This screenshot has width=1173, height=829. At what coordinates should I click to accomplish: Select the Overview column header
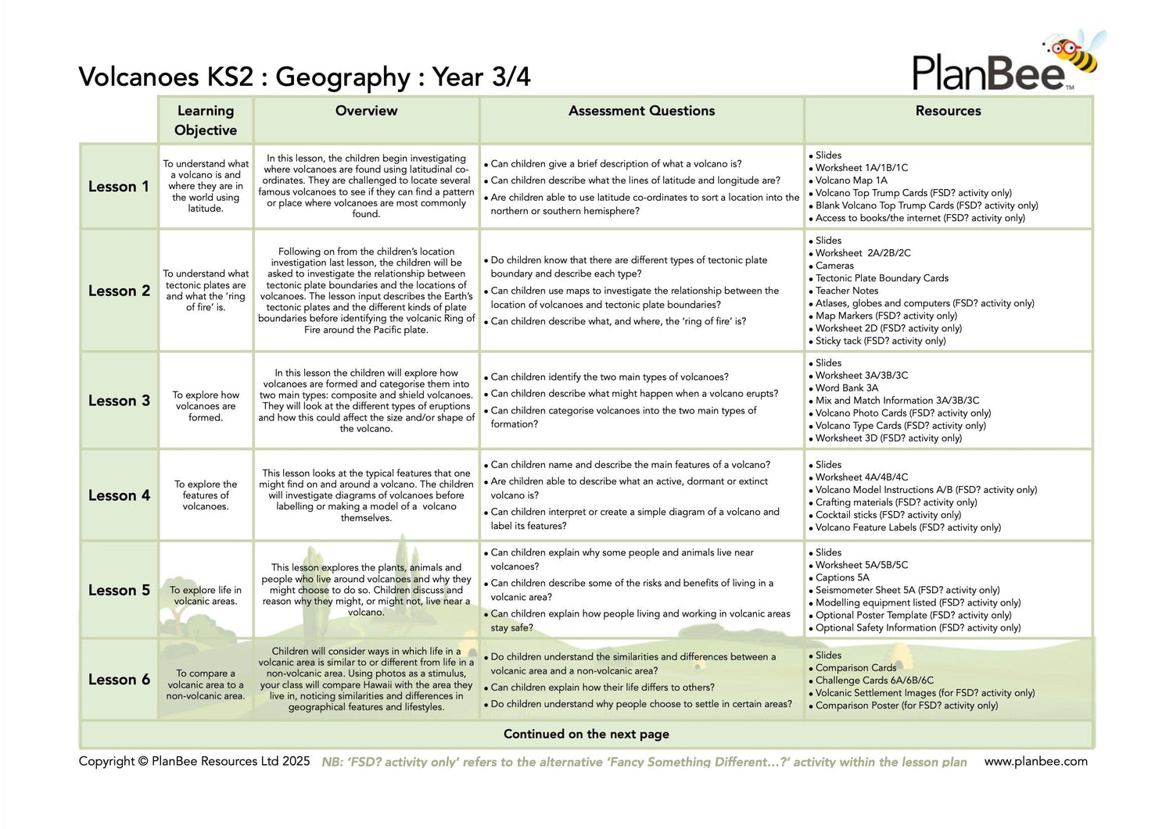(x=366, y=111)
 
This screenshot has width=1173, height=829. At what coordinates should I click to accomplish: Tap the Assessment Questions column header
(x=641, y=111)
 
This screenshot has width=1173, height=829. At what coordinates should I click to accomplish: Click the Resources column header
(x=948, y=111)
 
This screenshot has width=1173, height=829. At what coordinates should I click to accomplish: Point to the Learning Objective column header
(x=206, y=120)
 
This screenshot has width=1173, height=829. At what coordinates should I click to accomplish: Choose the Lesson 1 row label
(x=118, y=187)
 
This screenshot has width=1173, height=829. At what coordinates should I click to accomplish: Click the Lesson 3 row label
(x=119, y=401)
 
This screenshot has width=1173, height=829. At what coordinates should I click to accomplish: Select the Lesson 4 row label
(x=119, y=495)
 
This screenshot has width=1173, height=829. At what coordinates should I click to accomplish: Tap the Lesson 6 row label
(x=119, y=680)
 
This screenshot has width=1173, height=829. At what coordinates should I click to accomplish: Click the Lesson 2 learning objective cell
(x=206, y=291)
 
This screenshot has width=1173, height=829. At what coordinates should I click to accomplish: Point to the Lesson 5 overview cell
(x=366, y=590)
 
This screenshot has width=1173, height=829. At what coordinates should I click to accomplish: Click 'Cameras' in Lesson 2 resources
(x=834, y=266)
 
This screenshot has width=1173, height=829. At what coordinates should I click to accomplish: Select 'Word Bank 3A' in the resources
(x=846, y=388)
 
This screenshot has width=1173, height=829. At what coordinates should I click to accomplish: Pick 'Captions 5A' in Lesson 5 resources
(x=841, y=577)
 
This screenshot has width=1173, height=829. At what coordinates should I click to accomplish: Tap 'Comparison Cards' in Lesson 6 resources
(x=856, y=668)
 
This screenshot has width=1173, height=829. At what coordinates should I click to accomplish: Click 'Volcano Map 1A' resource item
(x=851, y=180)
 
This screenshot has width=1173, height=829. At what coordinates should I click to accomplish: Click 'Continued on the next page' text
(x=586, y=734)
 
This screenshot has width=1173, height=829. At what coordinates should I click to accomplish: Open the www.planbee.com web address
(x=1035, y=761)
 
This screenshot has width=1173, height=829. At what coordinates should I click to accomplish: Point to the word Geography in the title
(x=343, y=77)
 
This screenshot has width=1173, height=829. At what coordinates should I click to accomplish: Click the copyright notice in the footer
(x=194, y=761)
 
